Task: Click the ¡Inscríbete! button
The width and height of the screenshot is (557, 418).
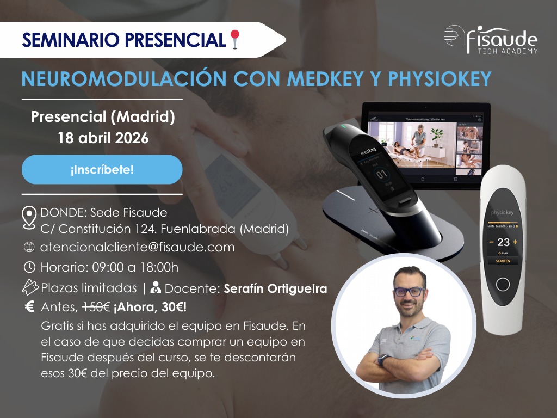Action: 102,169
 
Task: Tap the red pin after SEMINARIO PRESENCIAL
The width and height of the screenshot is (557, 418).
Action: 235,39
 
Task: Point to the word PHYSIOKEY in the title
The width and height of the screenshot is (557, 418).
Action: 439,78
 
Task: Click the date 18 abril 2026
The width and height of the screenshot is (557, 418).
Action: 103,138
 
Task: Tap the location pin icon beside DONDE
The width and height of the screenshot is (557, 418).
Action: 29,217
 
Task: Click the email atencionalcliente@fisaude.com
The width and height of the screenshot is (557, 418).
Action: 138,247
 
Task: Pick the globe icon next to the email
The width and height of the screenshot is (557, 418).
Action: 29,247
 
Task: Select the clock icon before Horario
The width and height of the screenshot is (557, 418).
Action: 29,267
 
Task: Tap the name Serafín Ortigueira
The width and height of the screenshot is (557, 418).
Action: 276,288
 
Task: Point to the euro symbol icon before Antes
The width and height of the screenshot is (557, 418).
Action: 30,307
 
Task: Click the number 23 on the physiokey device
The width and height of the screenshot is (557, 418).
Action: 503,242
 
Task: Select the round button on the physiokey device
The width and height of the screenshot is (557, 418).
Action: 504,286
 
